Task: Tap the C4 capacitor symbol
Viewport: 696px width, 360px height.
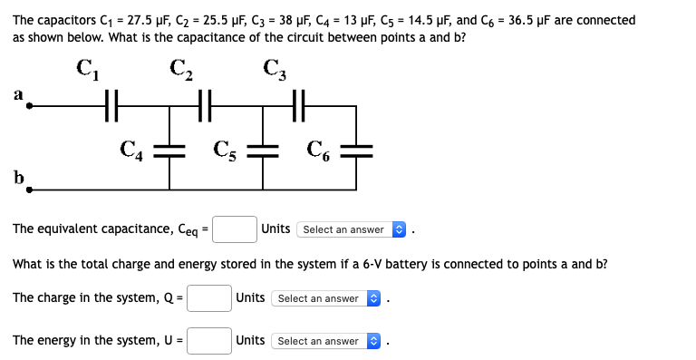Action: [x=169, y=150]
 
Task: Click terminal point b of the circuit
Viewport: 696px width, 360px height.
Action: [x=29, y=190]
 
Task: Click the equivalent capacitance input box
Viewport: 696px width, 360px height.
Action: [x=234, y=229]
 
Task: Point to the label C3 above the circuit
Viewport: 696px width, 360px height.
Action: [x=275, y=69]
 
